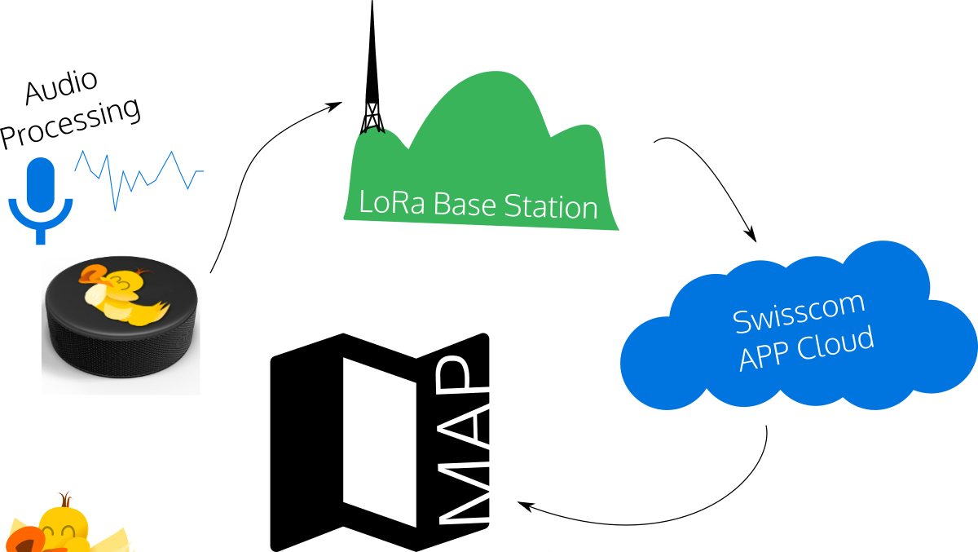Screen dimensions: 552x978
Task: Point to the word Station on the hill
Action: (551, 206)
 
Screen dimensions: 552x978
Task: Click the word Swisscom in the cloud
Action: (799, 311)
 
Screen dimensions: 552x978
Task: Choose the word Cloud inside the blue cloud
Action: (835, 342)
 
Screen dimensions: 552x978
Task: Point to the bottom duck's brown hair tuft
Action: (64, 498)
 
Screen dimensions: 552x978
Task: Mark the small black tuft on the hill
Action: (372, 128)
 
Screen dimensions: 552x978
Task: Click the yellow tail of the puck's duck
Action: (160, 311)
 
